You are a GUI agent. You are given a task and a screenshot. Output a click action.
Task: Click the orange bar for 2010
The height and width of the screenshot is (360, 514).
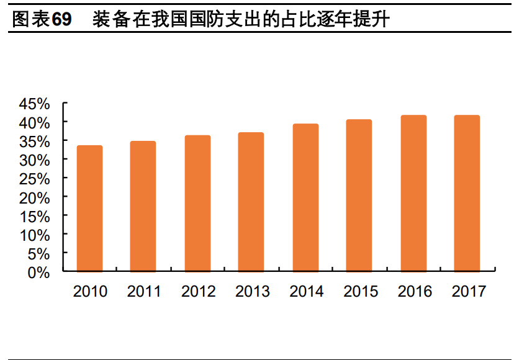coord(89,209)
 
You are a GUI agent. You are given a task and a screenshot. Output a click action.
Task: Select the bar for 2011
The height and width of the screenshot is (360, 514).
coord(143,207)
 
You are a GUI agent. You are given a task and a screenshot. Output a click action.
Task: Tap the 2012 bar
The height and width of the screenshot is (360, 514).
coord(197,204)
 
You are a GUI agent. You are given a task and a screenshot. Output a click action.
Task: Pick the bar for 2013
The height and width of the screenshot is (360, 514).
coord(251,202)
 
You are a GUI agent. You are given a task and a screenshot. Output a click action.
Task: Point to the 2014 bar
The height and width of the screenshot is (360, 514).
coord(305,198)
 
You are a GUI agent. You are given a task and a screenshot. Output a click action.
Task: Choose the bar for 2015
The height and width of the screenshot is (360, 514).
coord(359,196)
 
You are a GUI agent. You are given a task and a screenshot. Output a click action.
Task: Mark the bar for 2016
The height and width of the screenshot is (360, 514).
coord(413,194)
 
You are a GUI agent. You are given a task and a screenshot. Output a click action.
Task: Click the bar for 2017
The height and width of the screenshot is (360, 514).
coord(467,194)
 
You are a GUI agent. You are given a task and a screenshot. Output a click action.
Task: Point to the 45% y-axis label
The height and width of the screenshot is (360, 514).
coord(34,104)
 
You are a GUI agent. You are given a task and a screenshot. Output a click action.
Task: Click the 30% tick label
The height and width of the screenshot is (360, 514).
coord(34,160)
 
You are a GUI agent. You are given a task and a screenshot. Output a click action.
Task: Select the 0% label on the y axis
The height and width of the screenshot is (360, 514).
coord(39,272)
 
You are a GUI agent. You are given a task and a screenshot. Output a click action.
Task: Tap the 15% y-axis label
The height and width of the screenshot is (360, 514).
coord(34,217)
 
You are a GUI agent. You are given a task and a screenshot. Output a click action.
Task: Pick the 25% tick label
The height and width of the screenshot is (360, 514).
coord(34,179)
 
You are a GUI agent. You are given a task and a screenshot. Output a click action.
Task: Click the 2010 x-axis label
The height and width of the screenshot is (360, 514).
coord(90,291)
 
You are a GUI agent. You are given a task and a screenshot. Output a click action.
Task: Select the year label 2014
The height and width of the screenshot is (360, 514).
coord(306,291)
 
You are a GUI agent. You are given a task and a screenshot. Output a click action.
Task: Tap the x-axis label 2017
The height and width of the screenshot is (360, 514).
coord(468,291)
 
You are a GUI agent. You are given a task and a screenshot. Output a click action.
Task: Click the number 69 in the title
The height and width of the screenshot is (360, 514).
coord(61,20)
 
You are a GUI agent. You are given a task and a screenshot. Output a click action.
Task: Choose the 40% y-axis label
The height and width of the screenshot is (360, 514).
coord(34,122)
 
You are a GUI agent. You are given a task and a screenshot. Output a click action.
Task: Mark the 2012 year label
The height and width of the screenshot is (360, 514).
coord(198,291)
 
